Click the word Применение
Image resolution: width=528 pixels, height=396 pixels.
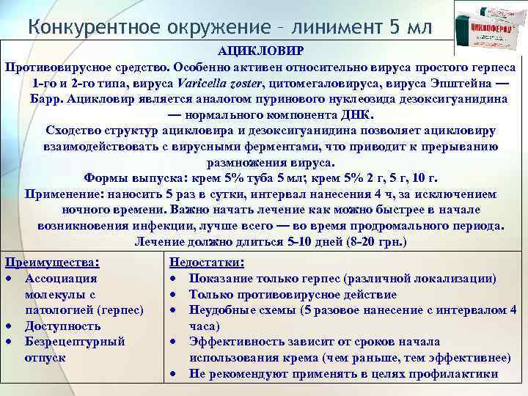click(65, 194)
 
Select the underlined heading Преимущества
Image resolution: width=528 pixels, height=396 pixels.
click(51, 262)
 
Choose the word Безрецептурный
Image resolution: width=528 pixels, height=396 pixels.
click(75, 342)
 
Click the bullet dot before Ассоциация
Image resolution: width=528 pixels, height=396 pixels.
click(9, 279)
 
